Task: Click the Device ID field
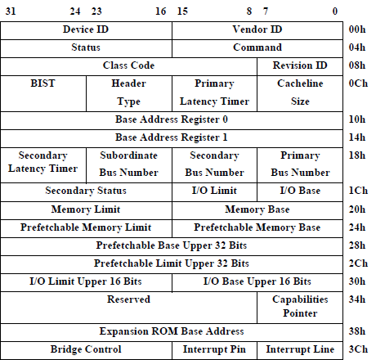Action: coord(86,29)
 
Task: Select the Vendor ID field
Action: coord(257,29)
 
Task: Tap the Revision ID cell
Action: coord(299,65)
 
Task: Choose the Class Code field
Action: coord(128,65)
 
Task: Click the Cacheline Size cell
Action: coord(299,92)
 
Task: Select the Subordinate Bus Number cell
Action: coord(128,164)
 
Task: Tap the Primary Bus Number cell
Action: coord(299,164)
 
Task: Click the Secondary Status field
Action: coord(86,191)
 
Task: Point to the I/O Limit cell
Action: coord(215,191)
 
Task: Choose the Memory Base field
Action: coord(257,209)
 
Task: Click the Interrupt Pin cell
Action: coord(215,349)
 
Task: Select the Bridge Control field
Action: coord(86,349)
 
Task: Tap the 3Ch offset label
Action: coord(357,349)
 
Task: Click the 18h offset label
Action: coord(357,155)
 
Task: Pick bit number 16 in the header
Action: coord(160,11)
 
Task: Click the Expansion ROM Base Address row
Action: coord(172,331)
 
